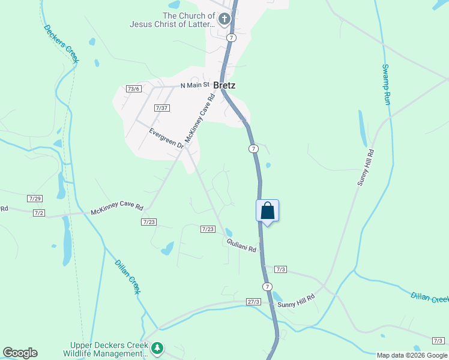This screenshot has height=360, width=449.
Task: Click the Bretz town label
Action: click(x=224, y=86)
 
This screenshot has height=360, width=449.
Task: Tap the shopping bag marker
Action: click(x=267, y=211)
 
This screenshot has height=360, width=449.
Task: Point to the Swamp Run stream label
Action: click(x=387, y=85)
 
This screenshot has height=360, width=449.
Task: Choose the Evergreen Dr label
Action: click(x=166, y=137)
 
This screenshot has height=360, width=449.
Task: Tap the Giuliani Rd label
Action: click(x=241, y=245)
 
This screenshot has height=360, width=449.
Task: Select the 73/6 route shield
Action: click(x=134, y=89)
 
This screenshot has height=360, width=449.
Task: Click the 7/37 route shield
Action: click(x=162, y=108)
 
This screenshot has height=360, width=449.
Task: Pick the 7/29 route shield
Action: click(x=35, y=198)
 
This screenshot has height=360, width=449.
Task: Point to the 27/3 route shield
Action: click(x=254, y=302)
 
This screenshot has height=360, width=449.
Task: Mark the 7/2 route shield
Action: click(x=39, y=213)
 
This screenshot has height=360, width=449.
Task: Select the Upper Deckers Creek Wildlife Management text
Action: click(x=108, y=349)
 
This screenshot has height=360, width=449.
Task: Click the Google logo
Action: click(x=20, y=353)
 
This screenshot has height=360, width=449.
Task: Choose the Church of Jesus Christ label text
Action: click(x=172, y=20)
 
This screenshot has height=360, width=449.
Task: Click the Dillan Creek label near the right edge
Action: click(x=430, y=298)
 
